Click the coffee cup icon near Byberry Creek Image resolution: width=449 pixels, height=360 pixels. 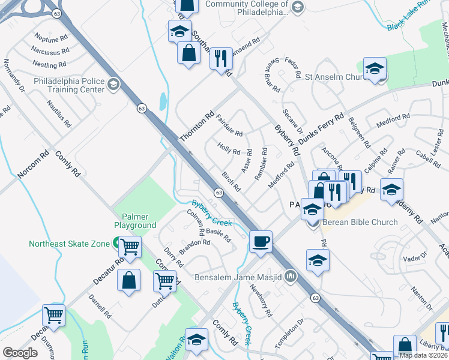pos(261,242)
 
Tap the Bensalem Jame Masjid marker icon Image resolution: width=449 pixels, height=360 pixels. pos(291,277)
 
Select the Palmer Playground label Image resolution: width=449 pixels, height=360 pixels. pos(135,221)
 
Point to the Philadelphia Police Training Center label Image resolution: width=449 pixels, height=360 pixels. pos(69,85)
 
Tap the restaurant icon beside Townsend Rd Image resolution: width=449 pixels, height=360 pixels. pos(221,59)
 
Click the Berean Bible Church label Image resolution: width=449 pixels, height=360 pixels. pos(360,222)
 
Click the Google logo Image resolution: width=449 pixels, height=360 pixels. pos(20,353)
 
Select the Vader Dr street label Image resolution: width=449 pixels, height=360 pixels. pos(414,259)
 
